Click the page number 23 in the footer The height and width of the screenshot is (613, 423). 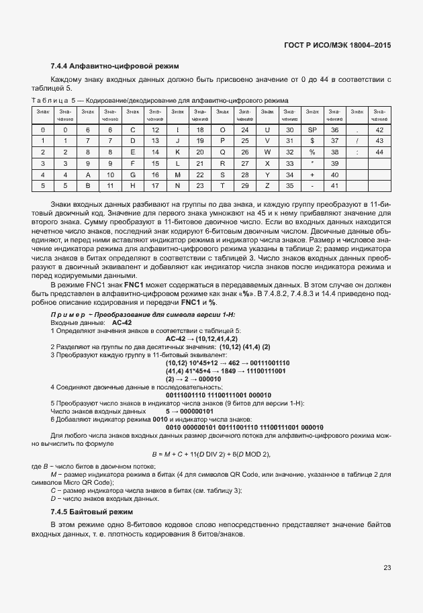[x=387, y=568]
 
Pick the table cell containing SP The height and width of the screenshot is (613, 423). [x=312, y=129]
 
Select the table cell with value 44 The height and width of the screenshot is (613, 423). [x=379, y=152]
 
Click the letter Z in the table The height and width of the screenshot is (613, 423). [x=267, y=185]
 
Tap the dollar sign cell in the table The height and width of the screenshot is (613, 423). [x=312, y=140]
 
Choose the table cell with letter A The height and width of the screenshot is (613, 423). [x=88, y=174]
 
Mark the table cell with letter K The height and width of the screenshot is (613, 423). [x=177, y=152]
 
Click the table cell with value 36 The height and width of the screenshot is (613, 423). [x=334, y=129]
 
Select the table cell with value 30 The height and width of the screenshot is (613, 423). [x=289, y=129]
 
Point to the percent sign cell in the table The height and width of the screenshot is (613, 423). [x=312, y=152]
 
